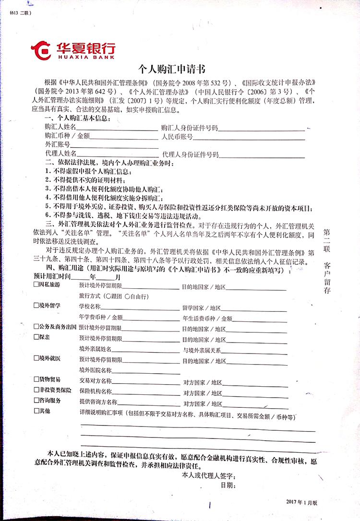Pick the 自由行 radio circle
127,296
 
